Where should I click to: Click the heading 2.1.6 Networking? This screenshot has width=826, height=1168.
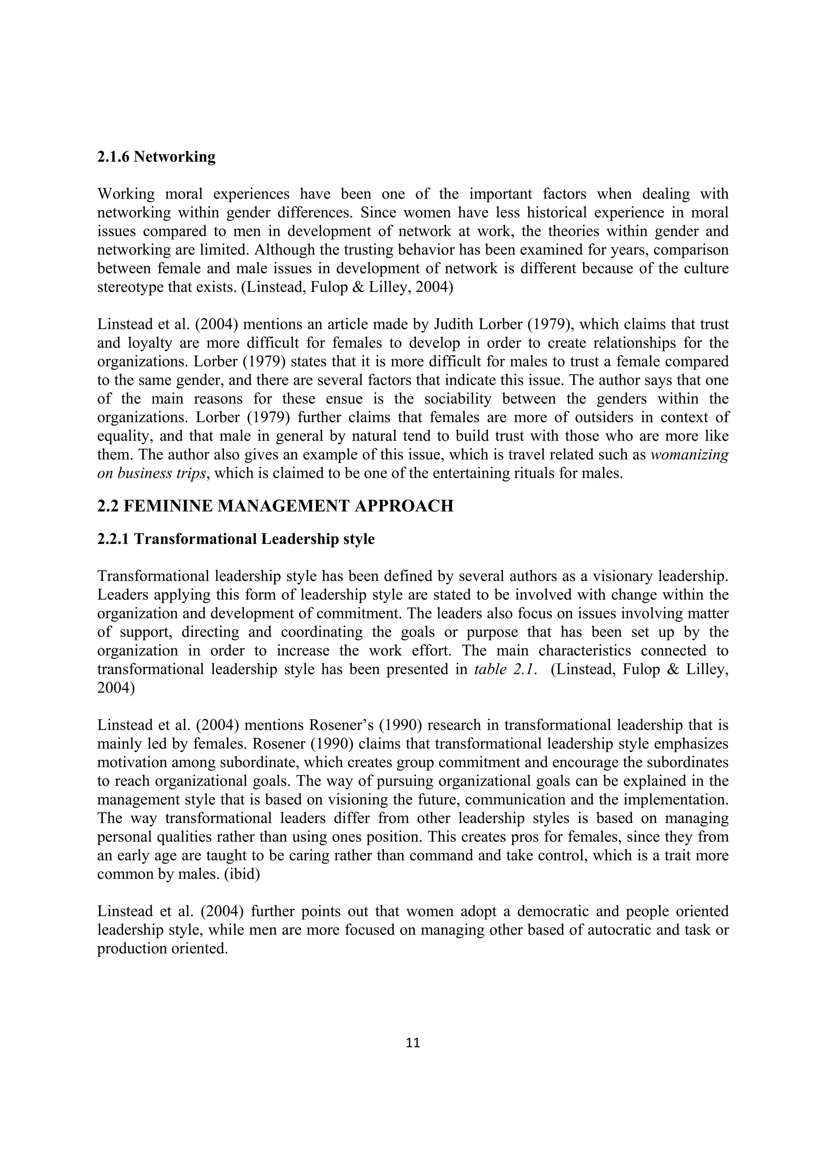[156, 157]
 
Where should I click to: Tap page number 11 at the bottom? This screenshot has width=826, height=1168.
[413, 1043]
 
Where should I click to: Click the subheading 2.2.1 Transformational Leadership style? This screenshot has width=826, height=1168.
[236, 539]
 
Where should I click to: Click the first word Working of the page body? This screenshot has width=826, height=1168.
[126, 194]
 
